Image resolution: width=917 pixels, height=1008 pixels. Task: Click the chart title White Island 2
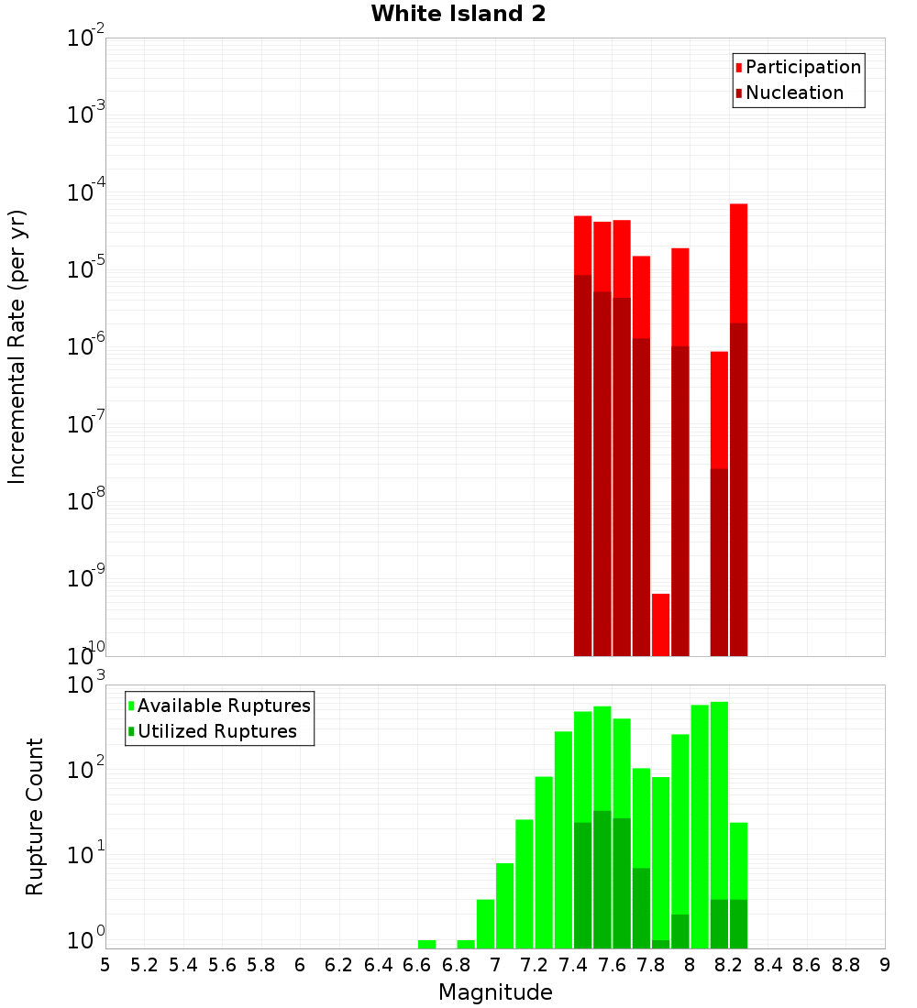click(458, 15)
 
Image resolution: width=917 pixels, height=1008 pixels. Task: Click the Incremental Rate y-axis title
click(17, 346)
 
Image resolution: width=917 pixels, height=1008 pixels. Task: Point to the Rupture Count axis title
click(35, 816)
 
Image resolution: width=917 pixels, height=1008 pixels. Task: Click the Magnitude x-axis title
click(495, 992)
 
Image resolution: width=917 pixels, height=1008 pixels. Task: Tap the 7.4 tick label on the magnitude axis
click(573, 965)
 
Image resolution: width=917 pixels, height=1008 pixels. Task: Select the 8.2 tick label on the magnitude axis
click(729, 965)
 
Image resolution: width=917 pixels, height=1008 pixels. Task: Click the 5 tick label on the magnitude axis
click(105, 965)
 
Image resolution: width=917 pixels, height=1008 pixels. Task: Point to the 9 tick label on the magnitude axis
click(885, 965)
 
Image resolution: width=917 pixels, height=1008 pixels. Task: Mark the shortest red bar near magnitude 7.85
click(660, 624)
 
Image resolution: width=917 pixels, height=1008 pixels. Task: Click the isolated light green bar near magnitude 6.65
click(426, 944)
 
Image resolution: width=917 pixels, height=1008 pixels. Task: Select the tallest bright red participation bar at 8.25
click(739, 261)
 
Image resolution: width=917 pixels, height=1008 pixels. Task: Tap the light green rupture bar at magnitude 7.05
click(504, 905)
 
